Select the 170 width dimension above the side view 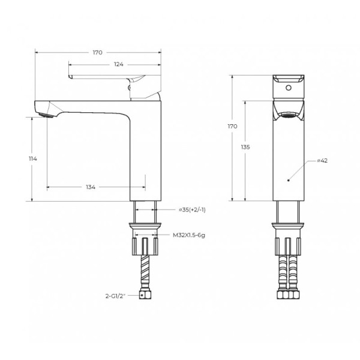point(97,53)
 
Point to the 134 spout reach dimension point(91,188)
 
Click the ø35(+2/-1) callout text point(193,209)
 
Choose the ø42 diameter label point(320,161)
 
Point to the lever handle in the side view point(102,79)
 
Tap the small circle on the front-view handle point(289,88)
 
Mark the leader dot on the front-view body point(289,179)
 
